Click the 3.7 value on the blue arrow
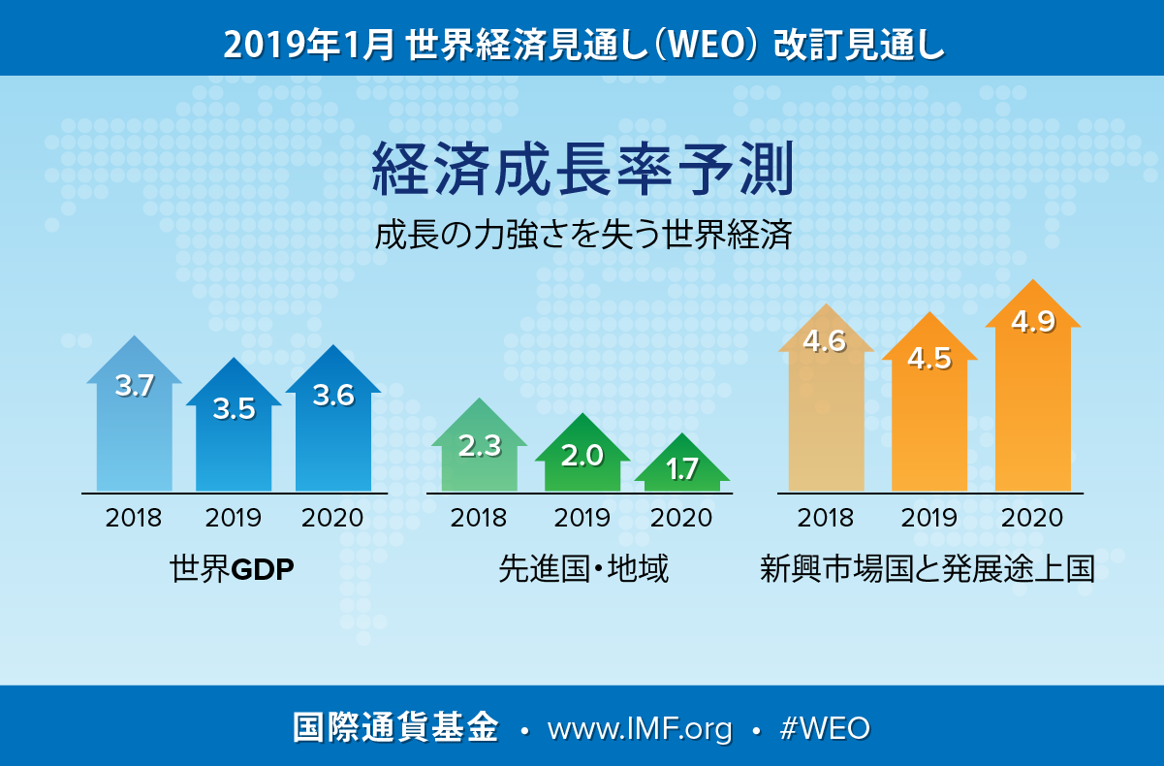click(x=135, y=386)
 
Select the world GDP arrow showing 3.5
click(x=234, y=427)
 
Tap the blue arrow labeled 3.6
click(x=333, y=417)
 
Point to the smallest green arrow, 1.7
click(x=682, y=469)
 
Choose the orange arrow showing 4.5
click(x=928, y=407)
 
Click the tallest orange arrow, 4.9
click(x=1032, y=388)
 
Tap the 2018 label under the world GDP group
click(x=134, y=517)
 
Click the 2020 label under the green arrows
click(x=681, y=517)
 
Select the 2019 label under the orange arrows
click(x=928, y=517)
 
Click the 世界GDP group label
click(x=232, y=569)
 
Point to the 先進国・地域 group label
click(x=583, y=569)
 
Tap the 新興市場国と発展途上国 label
click(x=928, y=569)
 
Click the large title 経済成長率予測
click(x=582, y=171)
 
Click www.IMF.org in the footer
click(x=640, y=729)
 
